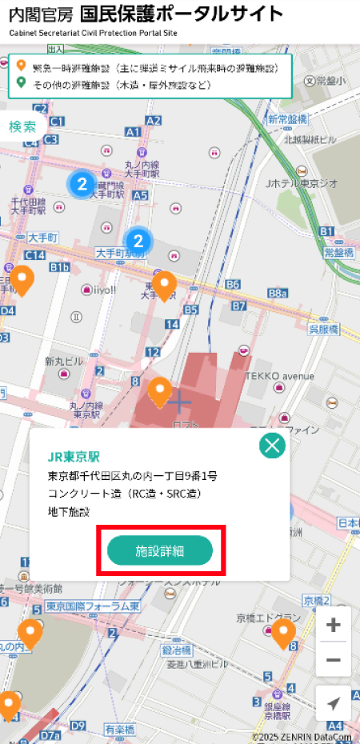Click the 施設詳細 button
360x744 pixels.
[160, 550]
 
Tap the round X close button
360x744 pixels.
[273, 446]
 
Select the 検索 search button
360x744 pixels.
[22, 126]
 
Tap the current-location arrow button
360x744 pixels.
[334, 703]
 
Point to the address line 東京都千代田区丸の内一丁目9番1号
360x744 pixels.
[133, 476]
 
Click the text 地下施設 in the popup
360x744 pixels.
[70, 511]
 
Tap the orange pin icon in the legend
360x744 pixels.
[21, 67]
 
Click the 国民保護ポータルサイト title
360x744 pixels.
[182, 14]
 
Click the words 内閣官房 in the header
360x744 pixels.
[41, 15]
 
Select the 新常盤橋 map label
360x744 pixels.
[288, 118]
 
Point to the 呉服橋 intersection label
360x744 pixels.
[324, 329]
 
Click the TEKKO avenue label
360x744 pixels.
[280, 375]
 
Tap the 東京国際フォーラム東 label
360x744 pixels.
[94, 606]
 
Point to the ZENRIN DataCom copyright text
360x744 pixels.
[302, 737]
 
